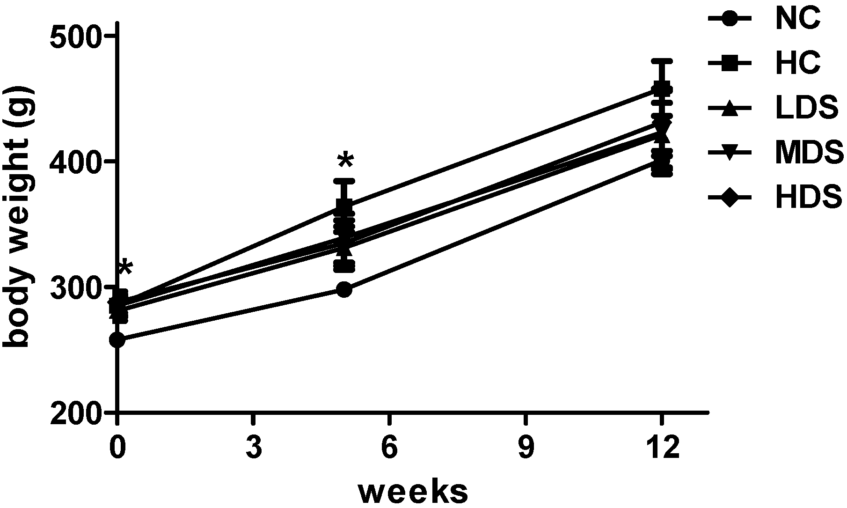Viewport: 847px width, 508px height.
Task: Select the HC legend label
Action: [797, 64]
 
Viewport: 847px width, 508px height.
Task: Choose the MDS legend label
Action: [809, 153]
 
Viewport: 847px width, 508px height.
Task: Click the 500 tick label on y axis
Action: [75, 37]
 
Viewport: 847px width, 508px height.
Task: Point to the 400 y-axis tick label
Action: [75, 162]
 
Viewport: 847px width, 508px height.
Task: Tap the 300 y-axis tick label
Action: [75, 287]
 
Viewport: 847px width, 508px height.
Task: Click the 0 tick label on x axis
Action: [117, 448]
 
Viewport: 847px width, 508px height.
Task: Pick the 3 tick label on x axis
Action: [253, 448]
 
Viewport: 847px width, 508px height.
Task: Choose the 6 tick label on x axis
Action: [389, 448]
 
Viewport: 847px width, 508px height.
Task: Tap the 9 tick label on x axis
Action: [526, 448]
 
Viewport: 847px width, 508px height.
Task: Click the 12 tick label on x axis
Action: [661, 448]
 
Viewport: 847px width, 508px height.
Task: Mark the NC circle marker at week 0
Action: [117, 340]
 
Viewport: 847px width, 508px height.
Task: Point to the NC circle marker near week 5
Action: [344, 289]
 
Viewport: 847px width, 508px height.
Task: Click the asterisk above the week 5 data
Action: [345, 161]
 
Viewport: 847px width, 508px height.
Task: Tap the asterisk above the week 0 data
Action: [125, 267]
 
